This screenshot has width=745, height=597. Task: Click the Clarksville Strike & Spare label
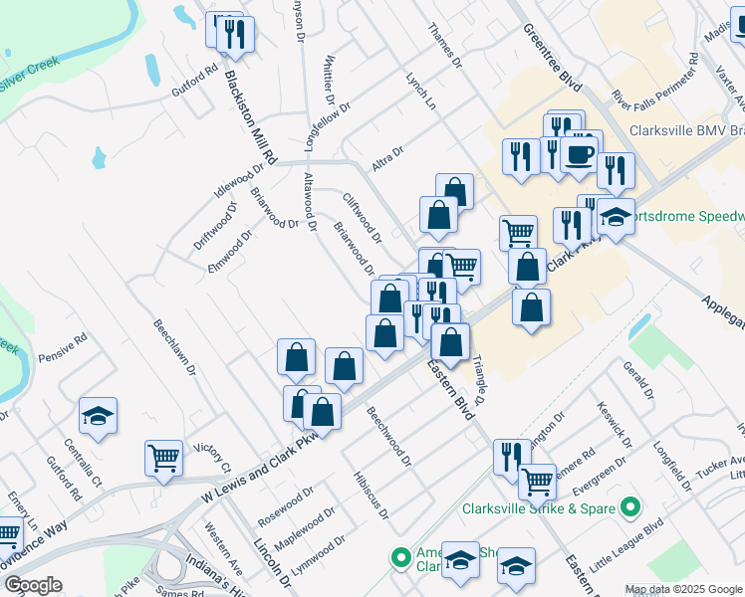(x=537, y=508)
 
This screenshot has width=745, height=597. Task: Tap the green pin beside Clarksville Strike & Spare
(x=629, y=508)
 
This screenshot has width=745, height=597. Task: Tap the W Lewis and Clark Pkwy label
(x=265, y=453)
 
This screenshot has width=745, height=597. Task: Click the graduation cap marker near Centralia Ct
(x=99, y=415)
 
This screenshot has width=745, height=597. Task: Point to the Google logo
(x=33, y=585)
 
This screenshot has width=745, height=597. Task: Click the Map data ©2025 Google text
(x=683, y=589)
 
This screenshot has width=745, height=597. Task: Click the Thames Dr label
(x=444, y=45)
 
